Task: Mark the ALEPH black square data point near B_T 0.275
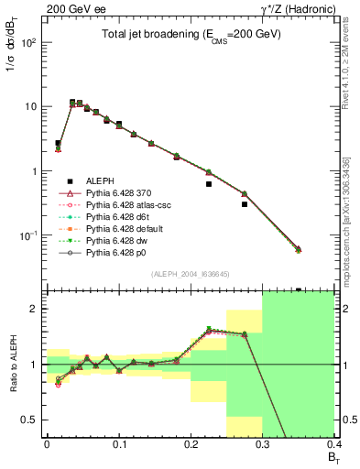[245, 204]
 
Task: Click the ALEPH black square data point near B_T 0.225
[209, 184]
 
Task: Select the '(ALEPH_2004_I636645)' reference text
[190, 274]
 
